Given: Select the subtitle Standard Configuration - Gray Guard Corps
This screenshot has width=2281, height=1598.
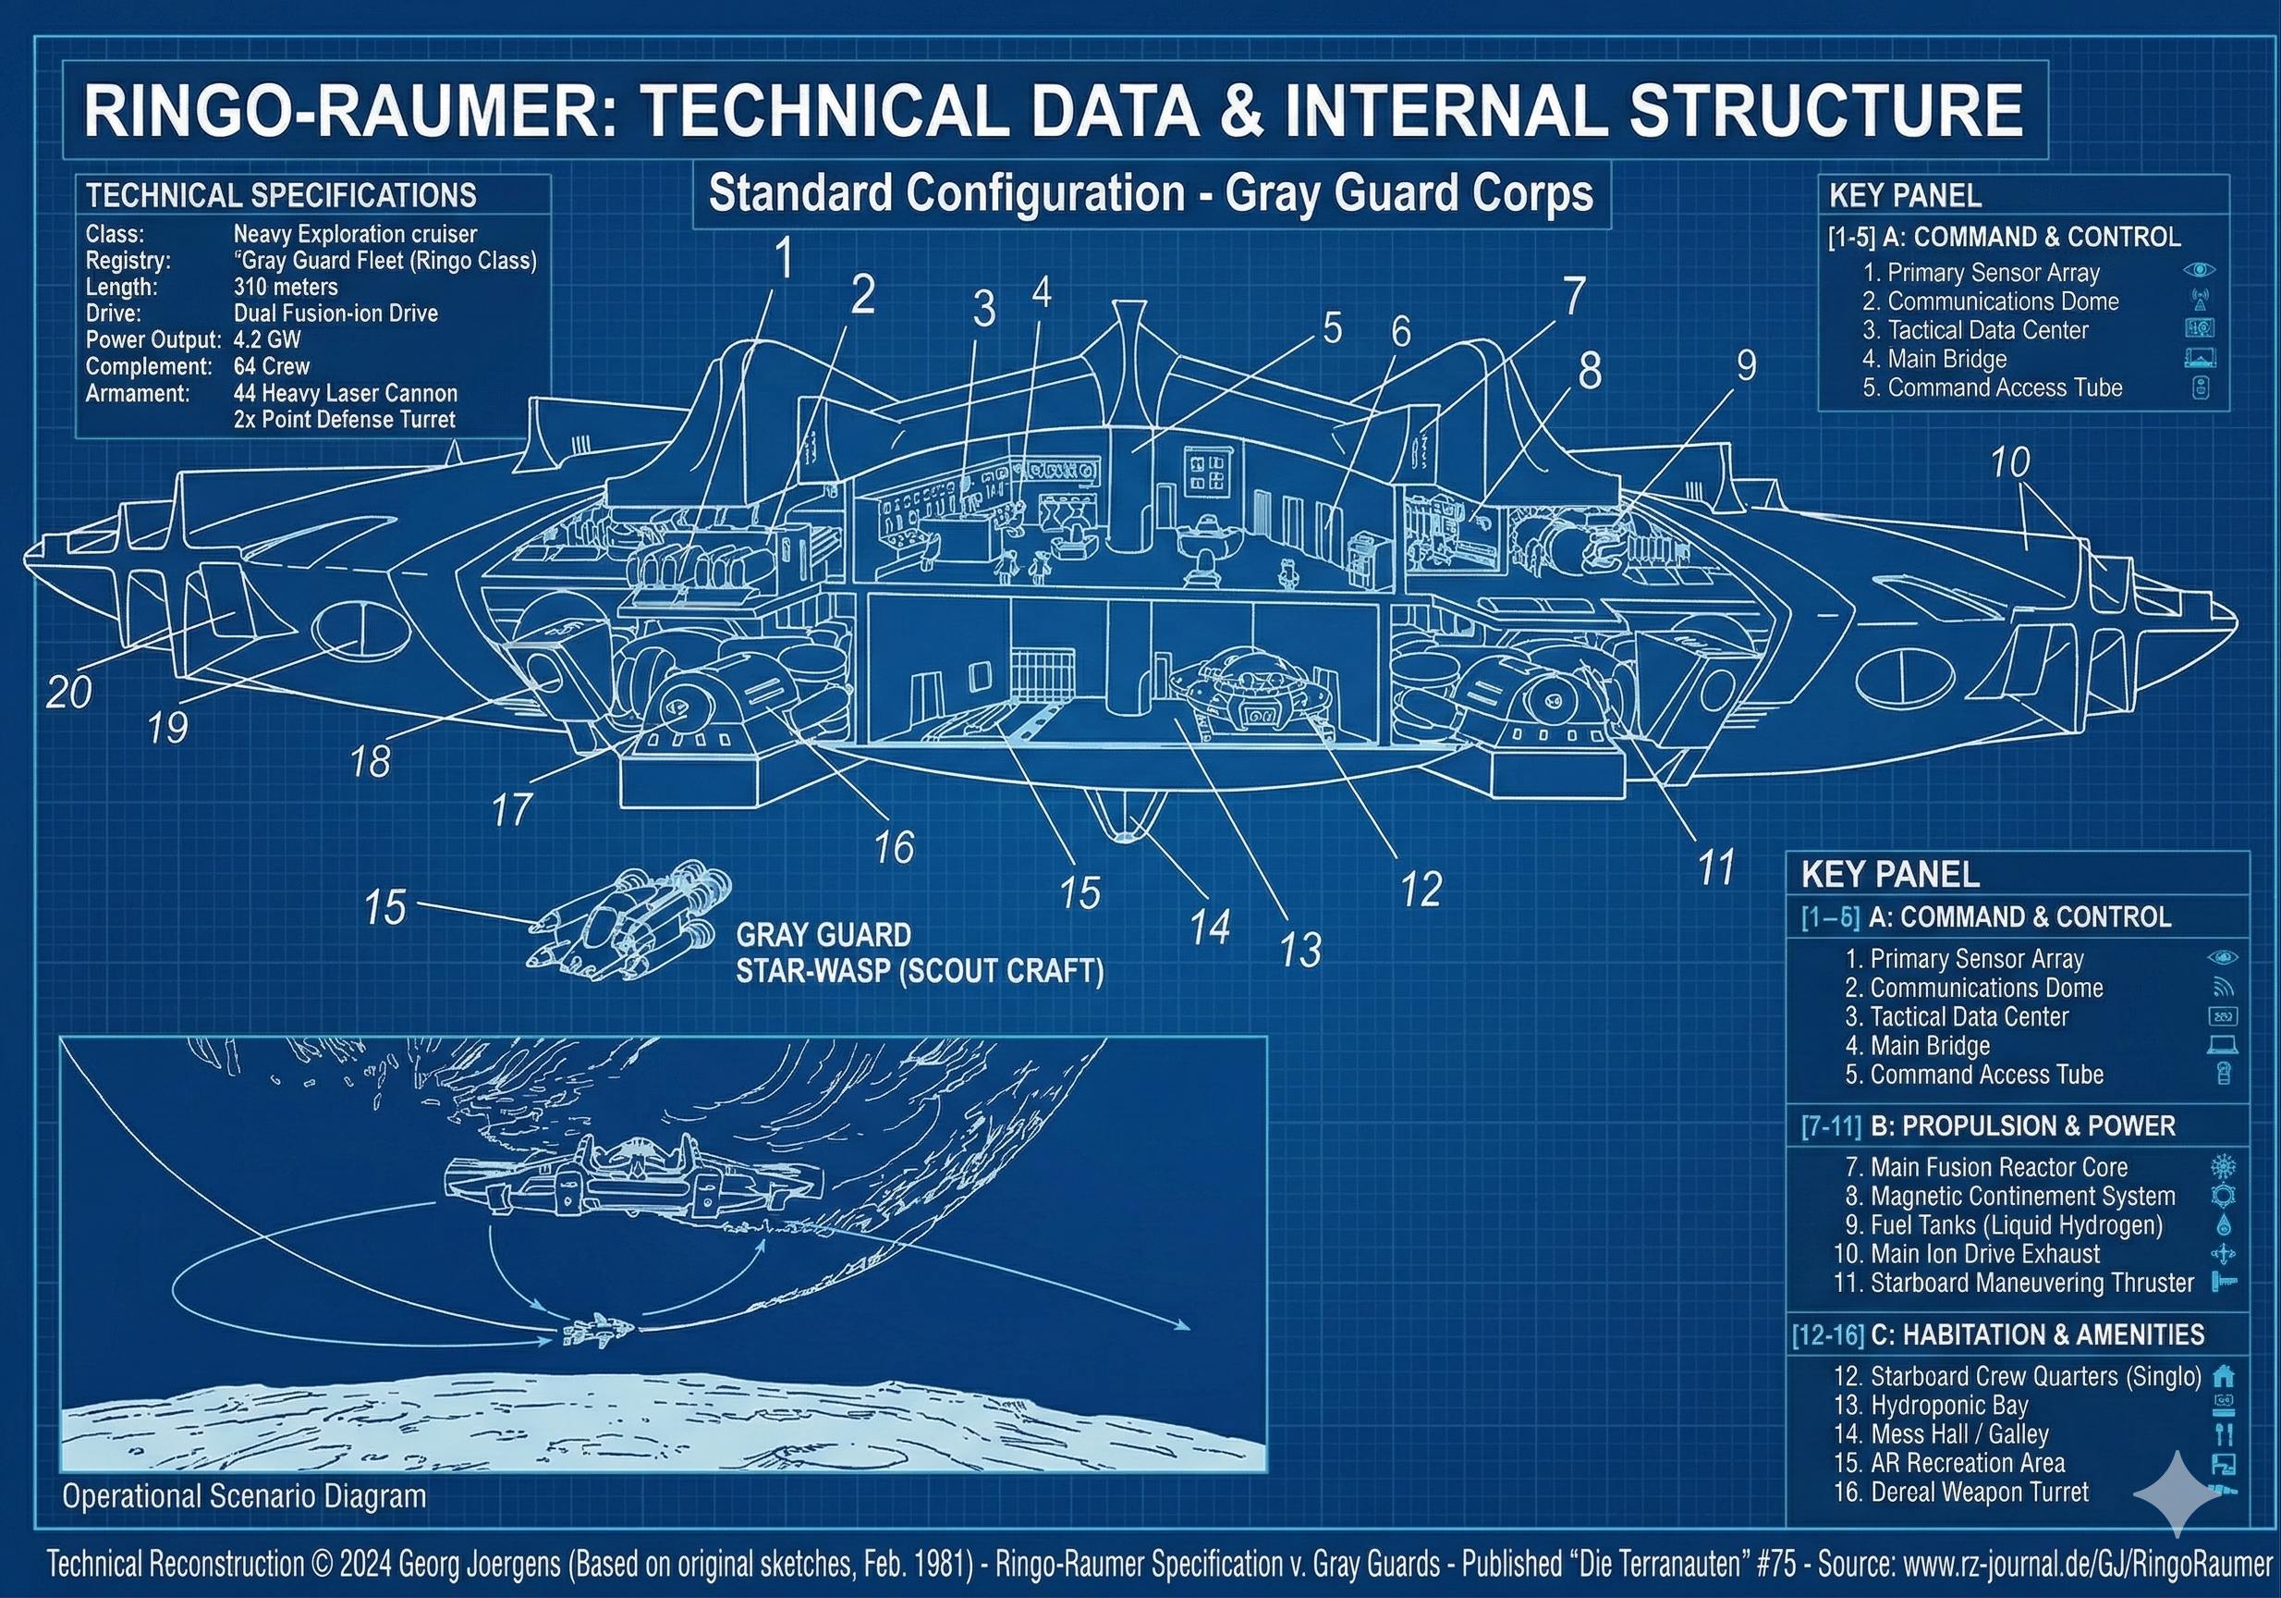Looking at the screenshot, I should click(x=1151, y=194).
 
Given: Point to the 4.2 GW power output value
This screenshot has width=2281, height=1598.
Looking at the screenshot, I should click(x=267, y=340).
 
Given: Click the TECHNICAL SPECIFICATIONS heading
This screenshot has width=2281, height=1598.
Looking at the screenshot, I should click(x=281, y=196).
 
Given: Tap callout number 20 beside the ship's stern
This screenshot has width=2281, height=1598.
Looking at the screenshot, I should click(x=69, y=692).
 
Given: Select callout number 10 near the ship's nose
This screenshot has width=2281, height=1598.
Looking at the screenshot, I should click(x=2010, y=462).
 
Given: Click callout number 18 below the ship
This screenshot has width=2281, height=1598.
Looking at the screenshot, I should click(x=370, y=762).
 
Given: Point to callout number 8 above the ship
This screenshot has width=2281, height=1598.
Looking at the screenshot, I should click(x=1590, y=372).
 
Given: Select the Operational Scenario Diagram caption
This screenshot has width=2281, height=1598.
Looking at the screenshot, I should click(x=244, y=1496).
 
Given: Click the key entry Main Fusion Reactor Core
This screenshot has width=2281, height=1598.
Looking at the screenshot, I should click(x=1998, y=1167).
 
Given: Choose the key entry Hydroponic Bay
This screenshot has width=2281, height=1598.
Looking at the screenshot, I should click(x=1948, y=1406).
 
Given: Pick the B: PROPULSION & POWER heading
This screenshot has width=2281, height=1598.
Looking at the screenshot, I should click(x=2021, y=1126).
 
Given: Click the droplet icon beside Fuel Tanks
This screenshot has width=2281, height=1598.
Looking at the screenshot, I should click(x=2224, y=1225).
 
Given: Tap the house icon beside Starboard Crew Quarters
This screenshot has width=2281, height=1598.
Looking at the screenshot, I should click(x=2225, y=1376).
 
